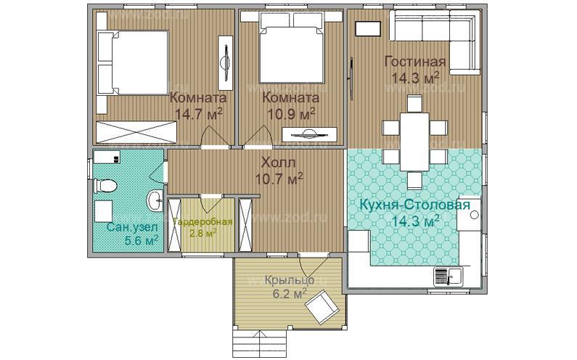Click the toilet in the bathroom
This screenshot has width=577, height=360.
click(105, 186)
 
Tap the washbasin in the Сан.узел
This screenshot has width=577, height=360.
click(155, 201)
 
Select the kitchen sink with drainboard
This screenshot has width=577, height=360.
click(449, 277)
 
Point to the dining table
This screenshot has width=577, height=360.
click(414, 142)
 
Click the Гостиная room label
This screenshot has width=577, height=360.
click(415, 62)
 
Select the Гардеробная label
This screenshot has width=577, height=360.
click(202, 221)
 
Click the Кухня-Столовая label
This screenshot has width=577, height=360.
click(414, 205)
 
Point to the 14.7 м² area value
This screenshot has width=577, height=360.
click(198, 113)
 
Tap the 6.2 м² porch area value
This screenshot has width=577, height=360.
click(290, 293)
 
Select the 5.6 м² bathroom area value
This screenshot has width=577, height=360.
click(142, 241)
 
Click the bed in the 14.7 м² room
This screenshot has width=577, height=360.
click(133, 62)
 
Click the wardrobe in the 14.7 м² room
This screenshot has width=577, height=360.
click(136, 132)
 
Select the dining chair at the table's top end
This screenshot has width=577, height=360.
click(414, 103)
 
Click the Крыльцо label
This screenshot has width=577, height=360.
click(290, 280)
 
